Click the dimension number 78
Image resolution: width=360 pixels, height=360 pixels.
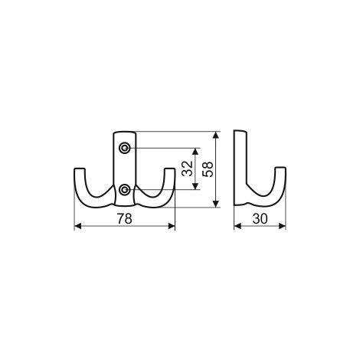pos(125,219)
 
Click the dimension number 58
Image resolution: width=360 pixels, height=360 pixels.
pos(208,169)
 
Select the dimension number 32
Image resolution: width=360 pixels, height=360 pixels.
pos(187,169)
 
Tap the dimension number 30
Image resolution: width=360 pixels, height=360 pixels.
pos(260,219)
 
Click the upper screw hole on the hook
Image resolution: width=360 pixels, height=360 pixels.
pos(125,148)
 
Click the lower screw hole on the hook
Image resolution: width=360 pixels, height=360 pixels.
pos(125,189)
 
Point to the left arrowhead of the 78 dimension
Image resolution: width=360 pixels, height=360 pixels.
pos(77,226)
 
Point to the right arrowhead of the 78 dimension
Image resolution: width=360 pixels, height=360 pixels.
pos(172,226)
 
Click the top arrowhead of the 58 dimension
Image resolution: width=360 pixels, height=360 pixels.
pos(216,135)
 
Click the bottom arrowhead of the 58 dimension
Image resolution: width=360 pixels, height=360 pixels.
pos(216,204)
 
